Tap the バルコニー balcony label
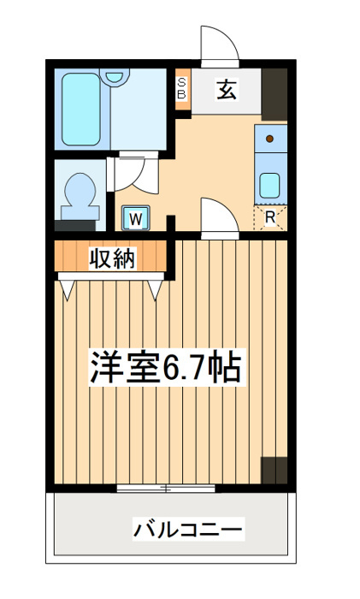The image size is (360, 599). pyautogui.click(x=188, y=530)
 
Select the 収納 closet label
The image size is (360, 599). pyautogui.click(x=112, y=259)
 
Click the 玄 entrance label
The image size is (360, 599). pyautogui.click(x=227, y=90)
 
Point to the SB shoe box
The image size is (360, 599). pyautogui.click(x=182, y=89)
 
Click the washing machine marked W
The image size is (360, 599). pyautogui.click(x=135, y=218)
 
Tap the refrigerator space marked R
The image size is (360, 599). pyautogui.click(x=270, y=217)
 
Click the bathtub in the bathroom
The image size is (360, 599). pyautogui.click(x=81, y=109)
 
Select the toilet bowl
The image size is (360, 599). pyautogui.click(x=80, y=197)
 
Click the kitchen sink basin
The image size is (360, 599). pyautogui.click(x=270, y=186)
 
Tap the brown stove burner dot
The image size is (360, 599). pyautogui.click(x=270, y=139)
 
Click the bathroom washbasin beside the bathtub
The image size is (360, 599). pyautogui.click(x=115, y=77)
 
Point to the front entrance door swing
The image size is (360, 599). pyautogui.click(x=220, y=44)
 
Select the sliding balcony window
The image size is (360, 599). pyautogui.click(x=166, y=489)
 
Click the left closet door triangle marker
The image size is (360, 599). pyautogui.click(x=67, y=290)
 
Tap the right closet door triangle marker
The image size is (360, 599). pyautogui.click(x=155, y=290)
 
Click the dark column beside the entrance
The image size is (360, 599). pyautogui.click(x=274, y=94)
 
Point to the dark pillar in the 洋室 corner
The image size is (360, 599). pyautogui.click(x=274, y=471)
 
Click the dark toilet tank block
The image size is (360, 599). pyautogui.click(x=75, y=225)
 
